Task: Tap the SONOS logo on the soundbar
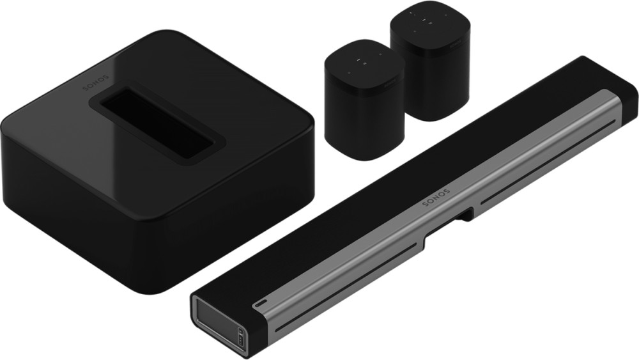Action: tap(436, 198)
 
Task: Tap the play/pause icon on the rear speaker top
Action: tap(424, 20)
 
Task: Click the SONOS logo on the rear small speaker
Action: tap(456, 43)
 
